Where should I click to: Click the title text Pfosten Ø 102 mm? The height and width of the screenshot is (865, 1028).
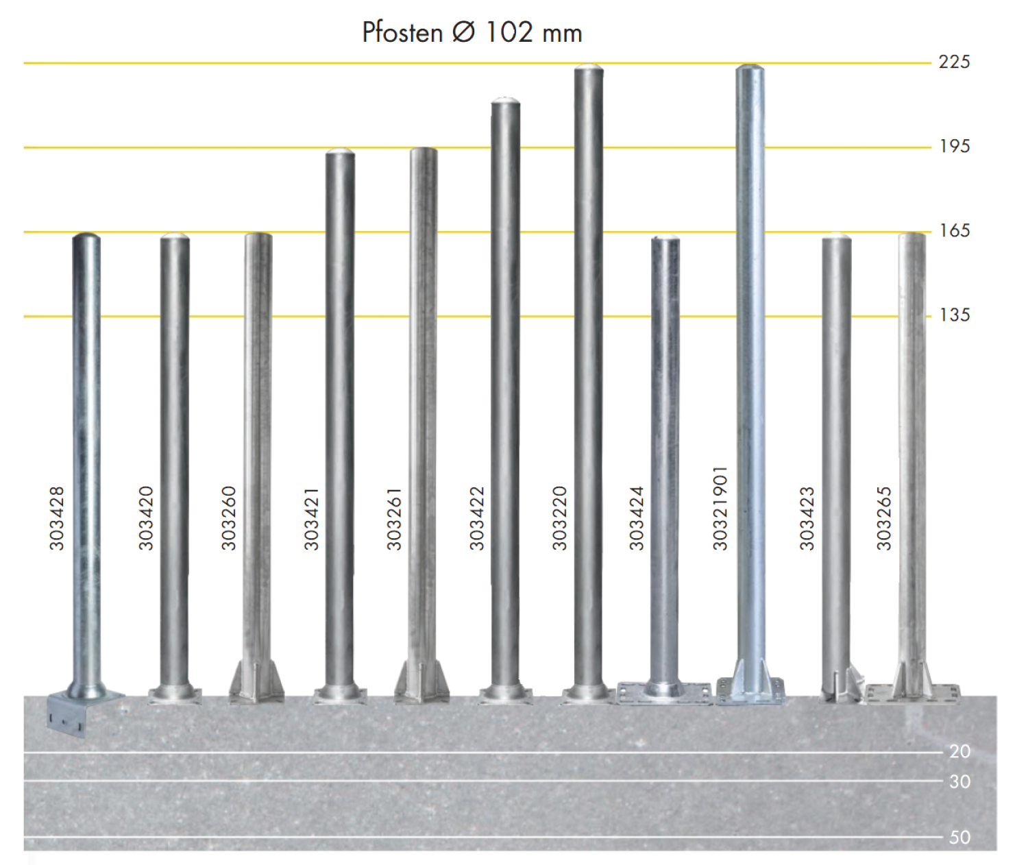[x=472, y=33]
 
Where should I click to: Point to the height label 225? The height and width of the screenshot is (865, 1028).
[x=954, y=62]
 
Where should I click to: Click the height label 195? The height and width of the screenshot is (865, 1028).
[x=954, y=146]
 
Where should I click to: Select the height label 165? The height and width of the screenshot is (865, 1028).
[x=954, y=230]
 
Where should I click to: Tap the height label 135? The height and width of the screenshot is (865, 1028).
[x=954, y=315]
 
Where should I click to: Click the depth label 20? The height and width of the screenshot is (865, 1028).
[x=959, y=751]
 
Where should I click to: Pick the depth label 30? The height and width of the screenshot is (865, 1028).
[x=959, y=781]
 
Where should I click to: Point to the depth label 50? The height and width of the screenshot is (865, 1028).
[x=959, y=837]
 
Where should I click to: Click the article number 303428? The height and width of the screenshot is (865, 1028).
[x=57, y=518]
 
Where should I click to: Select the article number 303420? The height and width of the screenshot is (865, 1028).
[x=146, y=518]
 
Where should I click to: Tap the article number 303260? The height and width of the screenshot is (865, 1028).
[x=228, y=518]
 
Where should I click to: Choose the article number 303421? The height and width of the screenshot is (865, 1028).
[x=311, y=518]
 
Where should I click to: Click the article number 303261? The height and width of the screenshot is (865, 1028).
[x=394, y=518]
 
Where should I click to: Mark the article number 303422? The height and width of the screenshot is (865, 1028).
[x=476, y=518]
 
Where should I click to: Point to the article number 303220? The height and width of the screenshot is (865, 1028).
[x=559, y=518]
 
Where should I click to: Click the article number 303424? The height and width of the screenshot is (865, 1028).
[x=636, y=518]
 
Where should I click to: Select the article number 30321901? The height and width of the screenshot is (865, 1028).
[x=720, y=508]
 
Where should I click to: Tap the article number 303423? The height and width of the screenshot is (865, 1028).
[x=807, y=518]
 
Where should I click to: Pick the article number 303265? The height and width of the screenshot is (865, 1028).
[x=884, y=518]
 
